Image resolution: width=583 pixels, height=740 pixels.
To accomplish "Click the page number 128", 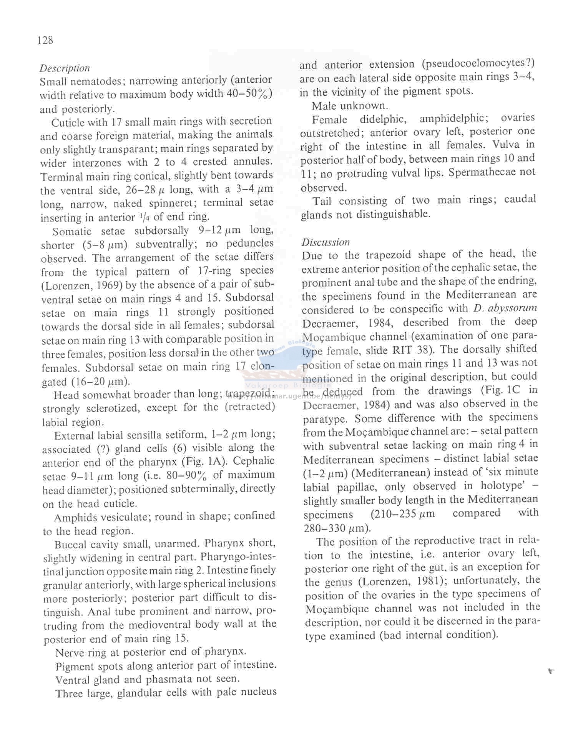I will (x=45, y=40).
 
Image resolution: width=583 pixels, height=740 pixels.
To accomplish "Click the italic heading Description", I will (x=65, y=68).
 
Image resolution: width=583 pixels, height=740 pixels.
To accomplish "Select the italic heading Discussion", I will (x=326, y=242).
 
